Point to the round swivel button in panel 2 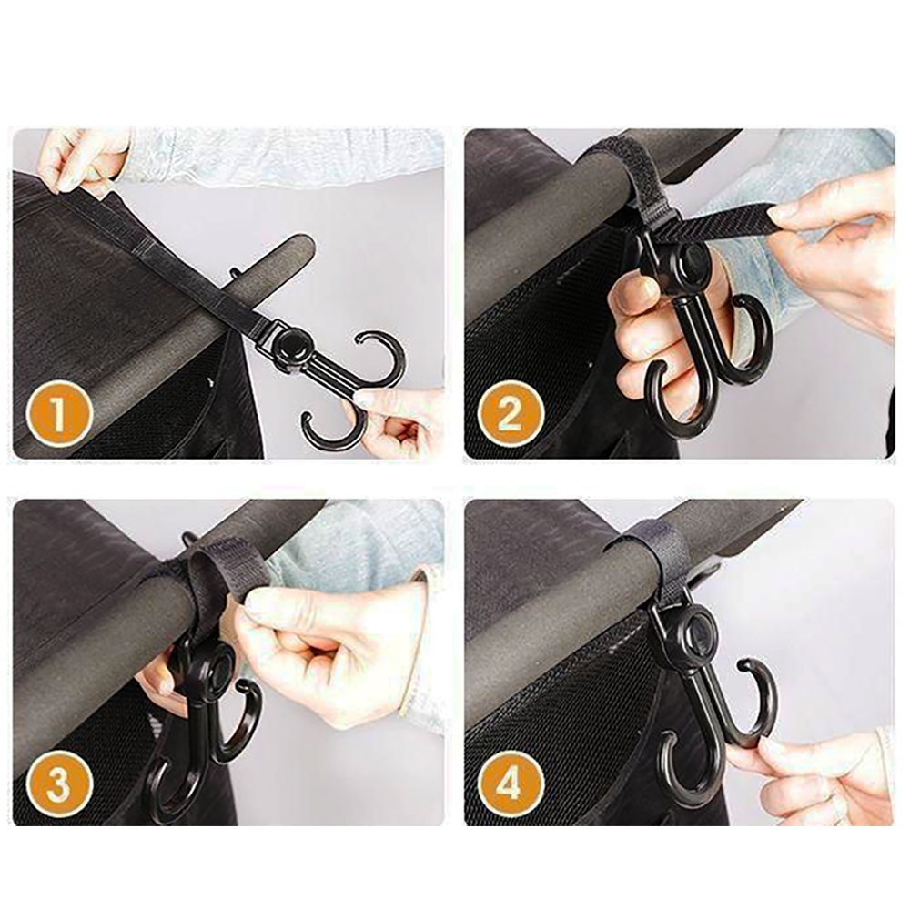691,257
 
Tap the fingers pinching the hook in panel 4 813,772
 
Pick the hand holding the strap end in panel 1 81,159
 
